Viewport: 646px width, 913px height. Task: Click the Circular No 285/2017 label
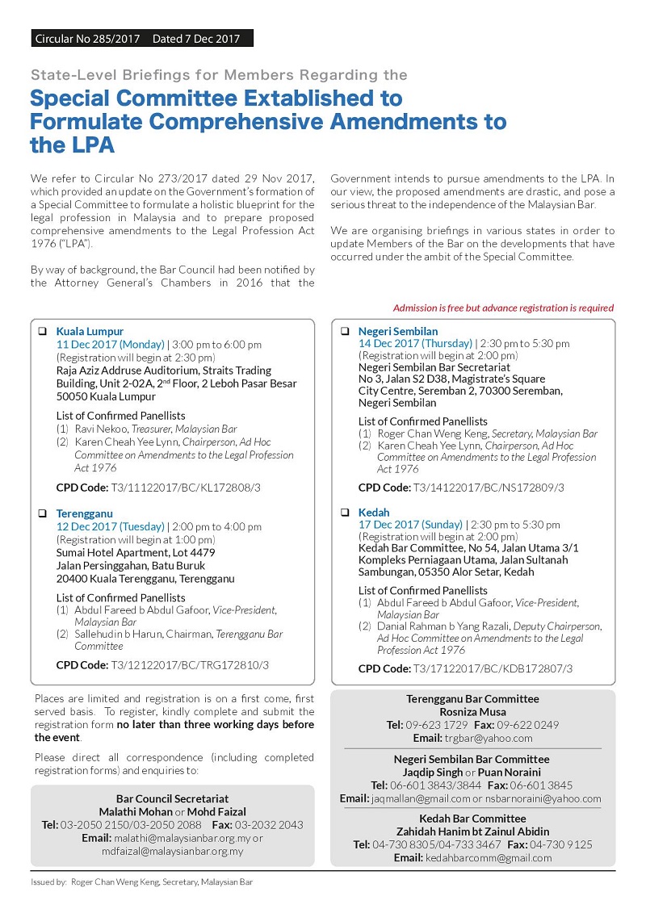pos(87,38)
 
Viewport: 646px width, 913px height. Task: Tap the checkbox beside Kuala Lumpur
pos(43,332)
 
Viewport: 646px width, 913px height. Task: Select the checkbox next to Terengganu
pos(43,513)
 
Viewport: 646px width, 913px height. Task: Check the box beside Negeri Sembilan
pos(345,332)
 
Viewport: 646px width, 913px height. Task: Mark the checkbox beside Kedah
pos(345,513)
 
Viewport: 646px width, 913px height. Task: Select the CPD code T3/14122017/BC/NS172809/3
pos(489,488)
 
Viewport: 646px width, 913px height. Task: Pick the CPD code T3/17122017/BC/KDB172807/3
pos(492,668)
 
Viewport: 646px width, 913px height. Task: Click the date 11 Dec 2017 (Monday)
pos(110,345)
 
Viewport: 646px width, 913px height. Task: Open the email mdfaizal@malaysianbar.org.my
pos(173,851)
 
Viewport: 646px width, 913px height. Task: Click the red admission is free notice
pos(503,308)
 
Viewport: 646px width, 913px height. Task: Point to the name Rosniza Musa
pos(472,712)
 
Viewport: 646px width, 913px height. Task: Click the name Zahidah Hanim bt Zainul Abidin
pos(472,831)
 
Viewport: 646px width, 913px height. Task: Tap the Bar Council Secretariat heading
pos(172,798)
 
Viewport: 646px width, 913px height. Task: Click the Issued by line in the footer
pos(141,882)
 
